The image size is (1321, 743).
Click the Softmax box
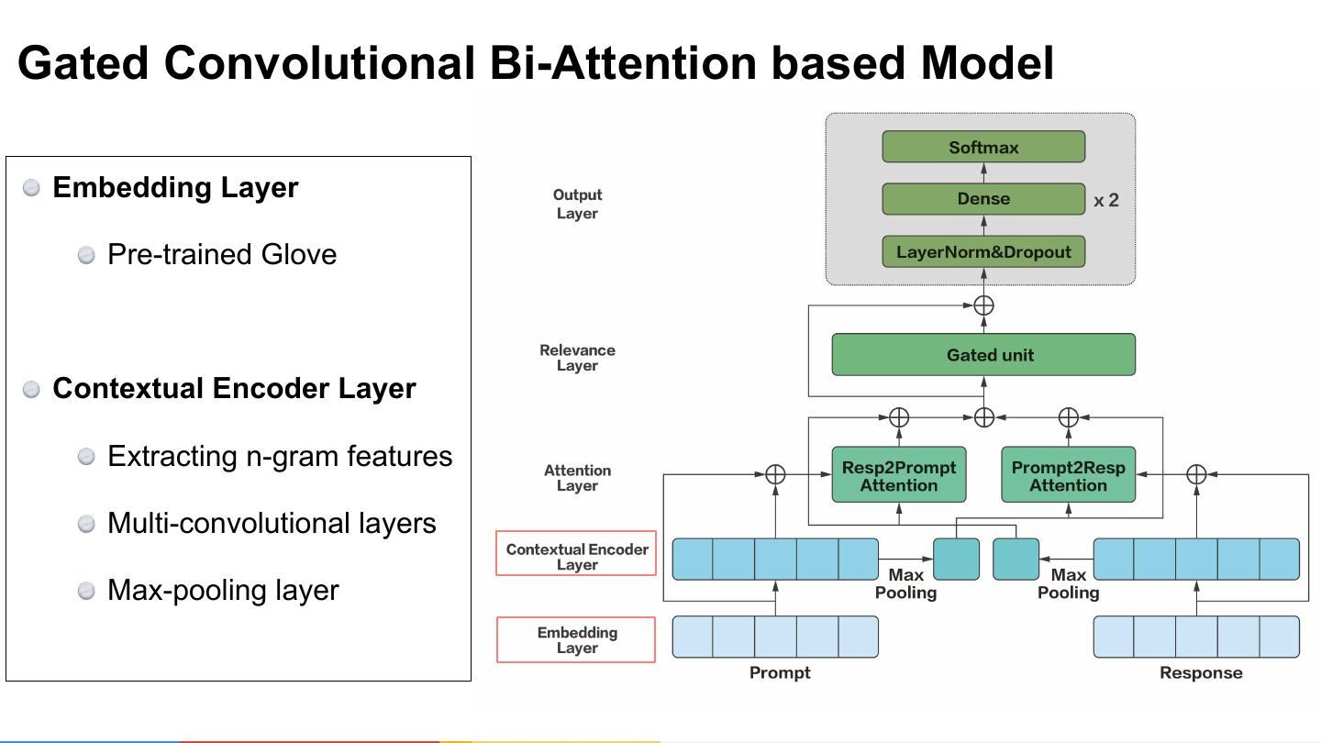tap(983, 147)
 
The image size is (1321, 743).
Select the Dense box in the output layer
tap(983, 199)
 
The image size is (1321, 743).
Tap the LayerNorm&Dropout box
tap(983, 251)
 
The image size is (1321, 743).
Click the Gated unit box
tap(983, 354)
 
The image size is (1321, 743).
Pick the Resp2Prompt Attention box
tap(899, 475)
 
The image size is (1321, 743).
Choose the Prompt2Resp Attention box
tap(1068, 475)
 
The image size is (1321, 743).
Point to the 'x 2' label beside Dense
tap(1105, 201)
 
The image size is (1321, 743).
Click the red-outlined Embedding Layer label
tap(576, 640)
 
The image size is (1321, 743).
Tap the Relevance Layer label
tap(577, 358)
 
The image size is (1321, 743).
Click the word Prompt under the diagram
tap(780, 673)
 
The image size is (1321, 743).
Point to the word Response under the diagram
tap(1201, 673)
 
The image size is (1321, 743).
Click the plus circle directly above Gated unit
tap(983, 305)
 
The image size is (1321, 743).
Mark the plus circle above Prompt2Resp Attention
tap(1069, 417)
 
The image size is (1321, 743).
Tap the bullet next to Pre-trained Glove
tap(86, 255)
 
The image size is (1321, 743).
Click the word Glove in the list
tap(298, 255)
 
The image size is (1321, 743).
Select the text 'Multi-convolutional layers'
tap(272, 523)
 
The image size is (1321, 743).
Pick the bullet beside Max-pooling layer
tap(86, 591)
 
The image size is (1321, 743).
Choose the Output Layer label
tap(577, 204)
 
